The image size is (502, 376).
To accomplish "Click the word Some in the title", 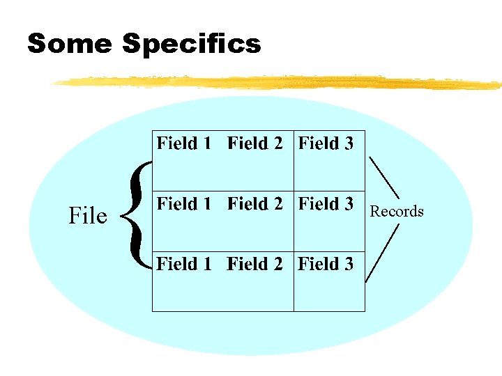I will point(69,44).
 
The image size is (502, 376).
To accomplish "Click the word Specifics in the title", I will point(191,45).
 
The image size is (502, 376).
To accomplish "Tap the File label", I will point(88,216).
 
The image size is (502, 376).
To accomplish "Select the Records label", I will point(397,211).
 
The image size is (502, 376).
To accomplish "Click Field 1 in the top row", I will point(184,143).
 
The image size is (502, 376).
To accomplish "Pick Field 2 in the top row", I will point(255,143).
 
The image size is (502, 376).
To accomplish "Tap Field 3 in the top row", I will point(326,143).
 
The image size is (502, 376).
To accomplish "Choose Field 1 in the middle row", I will point(184,204).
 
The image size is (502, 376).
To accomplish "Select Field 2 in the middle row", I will point(255,204).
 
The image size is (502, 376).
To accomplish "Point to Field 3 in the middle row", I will point(326,204).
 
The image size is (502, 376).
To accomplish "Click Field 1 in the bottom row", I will point(184,264).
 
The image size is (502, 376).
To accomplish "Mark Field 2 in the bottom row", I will point(255,264).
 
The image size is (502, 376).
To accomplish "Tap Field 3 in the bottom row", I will point(326,264).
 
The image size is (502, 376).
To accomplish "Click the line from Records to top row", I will point(383,177).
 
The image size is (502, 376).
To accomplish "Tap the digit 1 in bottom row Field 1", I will point(207,264).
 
